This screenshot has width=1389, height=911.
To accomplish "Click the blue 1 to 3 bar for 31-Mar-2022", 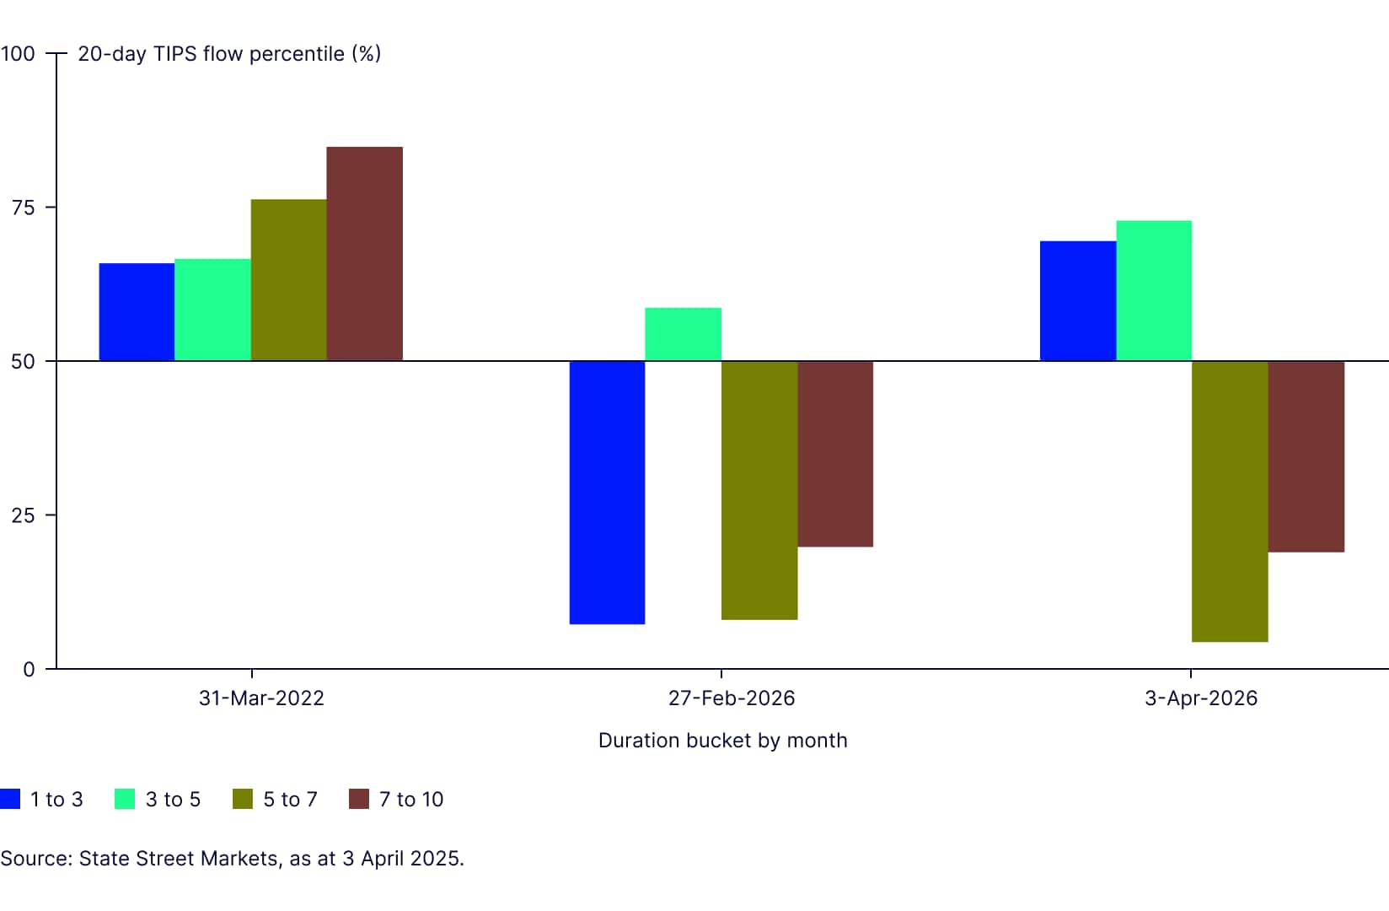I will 137,312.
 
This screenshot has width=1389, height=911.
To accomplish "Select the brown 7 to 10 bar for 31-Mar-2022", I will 364,254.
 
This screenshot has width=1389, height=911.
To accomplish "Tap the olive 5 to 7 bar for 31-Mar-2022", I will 288,280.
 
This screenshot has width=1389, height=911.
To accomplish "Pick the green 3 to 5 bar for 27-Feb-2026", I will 683,335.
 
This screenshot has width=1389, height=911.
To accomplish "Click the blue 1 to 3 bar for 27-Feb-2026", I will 607,493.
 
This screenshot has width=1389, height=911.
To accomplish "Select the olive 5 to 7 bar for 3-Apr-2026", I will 1230,501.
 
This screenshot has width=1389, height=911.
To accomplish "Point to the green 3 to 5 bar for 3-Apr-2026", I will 1154,291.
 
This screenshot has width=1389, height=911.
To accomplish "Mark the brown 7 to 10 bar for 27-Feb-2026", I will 835,454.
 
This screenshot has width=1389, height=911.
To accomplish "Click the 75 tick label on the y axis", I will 23,208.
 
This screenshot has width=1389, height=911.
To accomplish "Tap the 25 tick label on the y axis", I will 23,515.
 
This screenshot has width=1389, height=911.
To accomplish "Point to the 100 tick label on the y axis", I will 18,54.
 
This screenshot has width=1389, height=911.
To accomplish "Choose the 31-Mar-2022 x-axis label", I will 261,698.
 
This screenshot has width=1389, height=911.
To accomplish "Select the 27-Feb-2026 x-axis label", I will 732,698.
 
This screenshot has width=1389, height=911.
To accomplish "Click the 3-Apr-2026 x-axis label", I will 1200,698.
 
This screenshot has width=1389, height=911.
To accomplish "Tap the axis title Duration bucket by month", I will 722,741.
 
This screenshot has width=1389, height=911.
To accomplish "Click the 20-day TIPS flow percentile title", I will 229,54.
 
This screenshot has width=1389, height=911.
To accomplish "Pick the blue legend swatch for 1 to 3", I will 10,799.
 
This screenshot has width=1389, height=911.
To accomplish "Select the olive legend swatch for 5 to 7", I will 243,799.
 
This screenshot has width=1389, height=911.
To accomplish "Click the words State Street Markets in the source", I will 179,859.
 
